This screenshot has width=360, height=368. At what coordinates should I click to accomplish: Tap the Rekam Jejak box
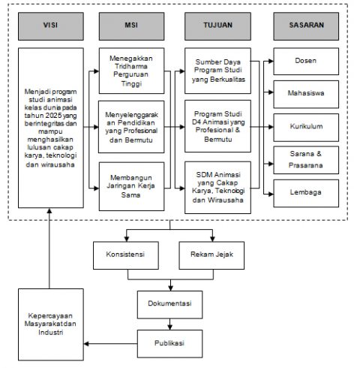pos(211,254)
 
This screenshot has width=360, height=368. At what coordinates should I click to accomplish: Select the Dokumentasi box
pos(170,303)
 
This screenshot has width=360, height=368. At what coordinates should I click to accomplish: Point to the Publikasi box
pos(170,344)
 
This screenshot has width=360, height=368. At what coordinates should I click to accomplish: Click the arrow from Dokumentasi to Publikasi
pos(170,324)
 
